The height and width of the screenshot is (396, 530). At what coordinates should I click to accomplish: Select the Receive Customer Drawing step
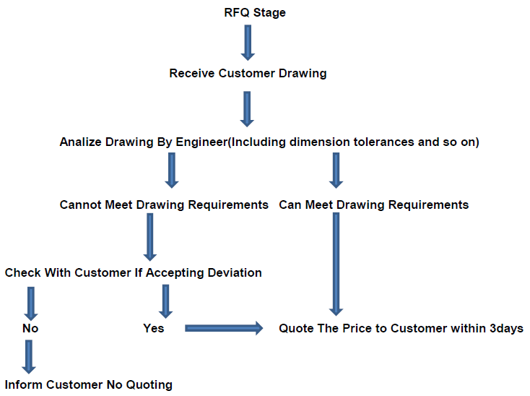click(x=248, y=73)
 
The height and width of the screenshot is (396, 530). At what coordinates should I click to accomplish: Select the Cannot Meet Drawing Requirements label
click(x=164, y=205)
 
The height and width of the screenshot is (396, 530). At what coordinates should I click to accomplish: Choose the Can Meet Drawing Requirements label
click(x=373, y=205)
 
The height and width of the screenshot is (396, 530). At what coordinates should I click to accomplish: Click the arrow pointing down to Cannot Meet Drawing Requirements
click(x=172, y=171)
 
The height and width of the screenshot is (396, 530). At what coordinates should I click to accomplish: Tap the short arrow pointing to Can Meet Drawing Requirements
click(x=336, y=171)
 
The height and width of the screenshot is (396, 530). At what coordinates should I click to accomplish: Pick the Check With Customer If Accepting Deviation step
click(x=133, y=272)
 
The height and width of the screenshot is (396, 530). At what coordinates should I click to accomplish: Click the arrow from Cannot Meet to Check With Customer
click(x=150, y=236)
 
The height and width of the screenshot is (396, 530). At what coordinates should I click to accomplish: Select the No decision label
click(x=30, y=328)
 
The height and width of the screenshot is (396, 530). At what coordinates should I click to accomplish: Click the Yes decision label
click(x=153, y=328)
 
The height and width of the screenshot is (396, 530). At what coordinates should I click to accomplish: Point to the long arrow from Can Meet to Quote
click(x=336, y=264)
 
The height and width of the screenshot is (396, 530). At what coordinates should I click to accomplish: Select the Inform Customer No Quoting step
click(x=89, y=384)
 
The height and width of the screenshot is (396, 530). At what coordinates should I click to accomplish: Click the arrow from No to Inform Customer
click(x=30, y=356)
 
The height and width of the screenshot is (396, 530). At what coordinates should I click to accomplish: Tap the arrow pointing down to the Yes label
click(x=165, y=301)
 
